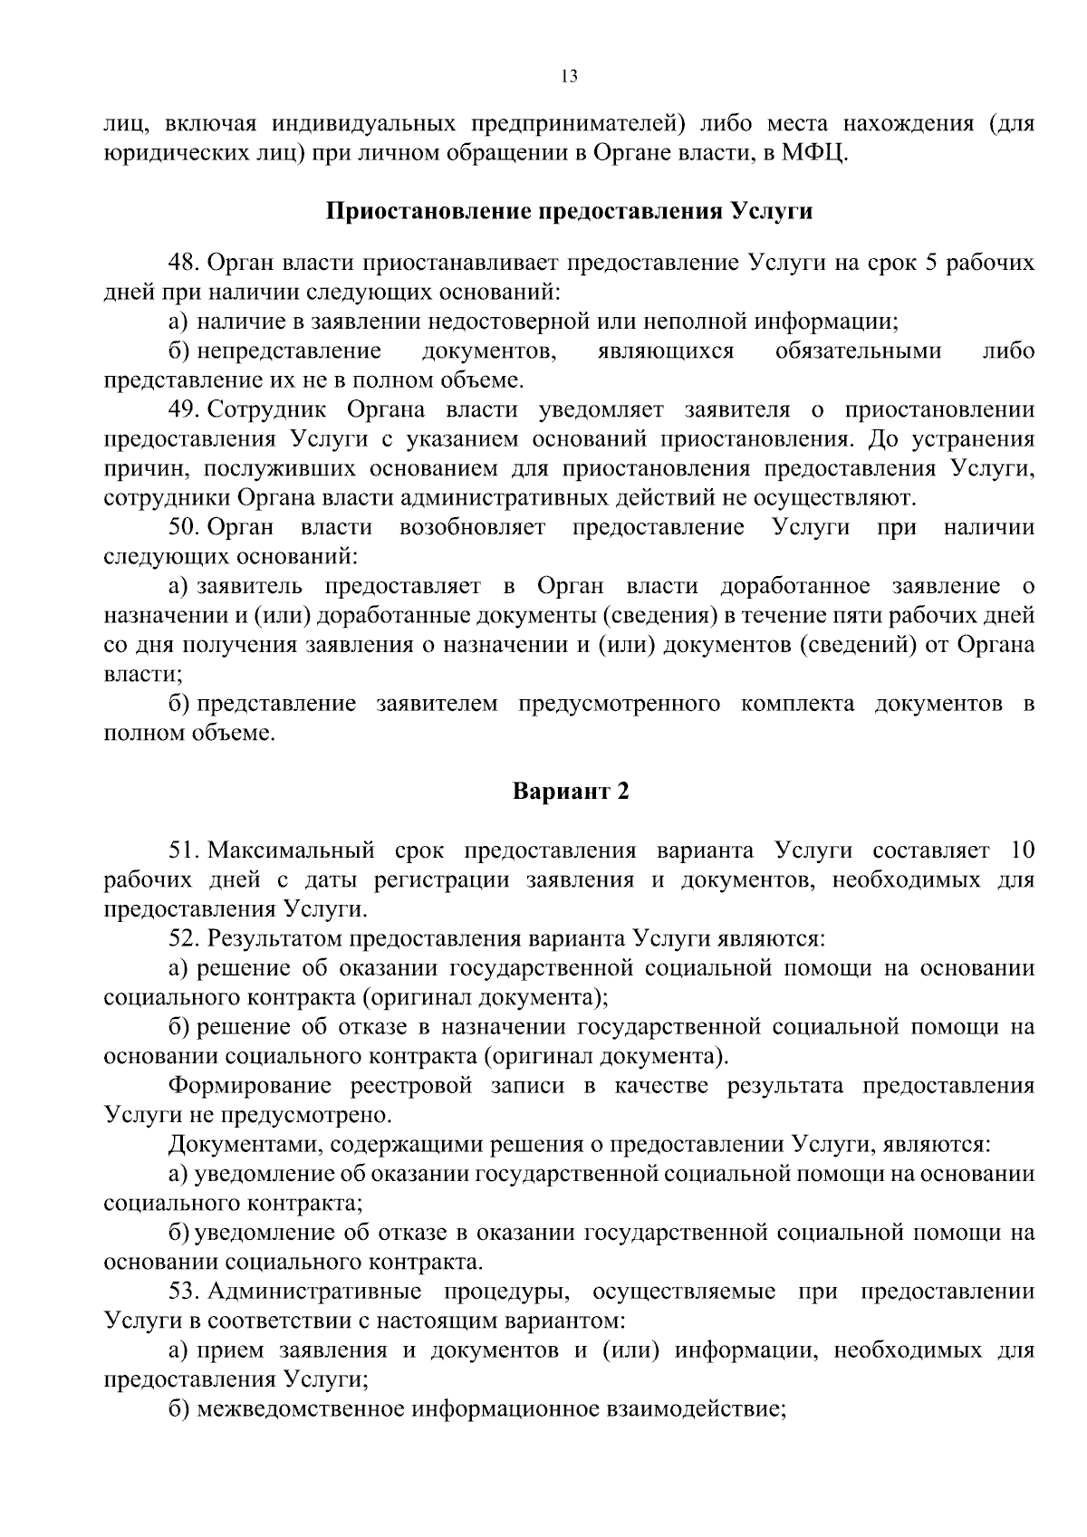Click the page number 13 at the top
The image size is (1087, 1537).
point(569,76)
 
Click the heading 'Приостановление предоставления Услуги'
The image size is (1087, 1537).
point(569,212)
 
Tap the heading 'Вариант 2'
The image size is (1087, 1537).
point(570,791)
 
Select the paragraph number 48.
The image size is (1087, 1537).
point(184,264)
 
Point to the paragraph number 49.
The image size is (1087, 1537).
point(184,410)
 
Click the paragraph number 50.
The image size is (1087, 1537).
point(184,527)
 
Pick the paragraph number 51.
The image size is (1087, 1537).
point(184,850)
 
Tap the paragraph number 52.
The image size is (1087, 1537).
point(184,938)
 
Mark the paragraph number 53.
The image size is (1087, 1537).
point(184,1291)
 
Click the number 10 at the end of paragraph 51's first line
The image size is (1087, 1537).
point(1020,850)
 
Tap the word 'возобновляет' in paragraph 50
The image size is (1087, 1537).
point(473,527)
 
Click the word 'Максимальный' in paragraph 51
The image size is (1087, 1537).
point(292,850)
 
